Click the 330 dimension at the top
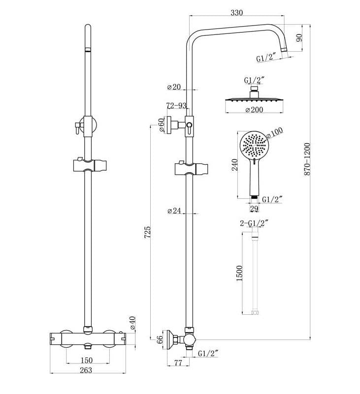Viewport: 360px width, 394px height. [x=237, y=13]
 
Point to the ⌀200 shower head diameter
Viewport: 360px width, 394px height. [x=253, y=110]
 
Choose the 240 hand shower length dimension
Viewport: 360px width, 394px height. [x=235, y=165]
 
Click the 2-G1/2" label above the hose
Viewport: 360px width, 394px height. [x=254, y=223]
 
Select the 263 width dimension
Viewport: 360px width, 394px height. [x=87, y=370]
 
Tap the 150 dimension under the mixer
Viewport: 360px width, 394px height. [x=87, y=360]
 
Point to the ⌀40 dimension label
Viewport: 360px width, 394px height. [x=132, y=324]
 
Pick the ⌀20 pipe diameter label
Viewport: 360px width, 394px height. [x=174, y=87]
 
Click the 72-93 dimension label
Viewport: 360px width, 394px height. [x=176, y=106]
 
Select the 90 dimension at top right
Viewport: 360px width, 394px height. [x=298, y=38]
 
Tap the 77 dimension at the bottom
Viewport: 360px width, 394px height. [x=178, y=363]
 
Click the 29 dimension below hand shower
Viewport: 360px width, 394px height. [x=254, y=209]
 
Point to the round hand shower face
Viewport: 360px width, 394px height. [x=254, y=145]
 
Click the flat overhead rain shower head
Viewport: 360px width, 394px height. [x=254, y=100]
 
